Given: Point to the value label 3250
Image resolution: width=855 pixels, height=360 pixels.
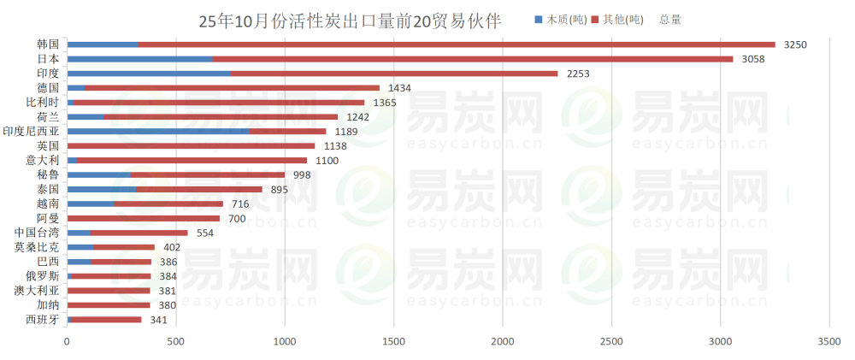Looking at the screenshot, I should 795,44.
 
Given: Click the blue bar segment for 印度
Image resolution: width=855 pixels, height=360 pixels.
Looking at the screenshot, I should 149,74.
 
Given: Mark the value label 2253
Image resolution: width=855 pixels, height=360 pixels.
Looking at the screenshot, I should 578,74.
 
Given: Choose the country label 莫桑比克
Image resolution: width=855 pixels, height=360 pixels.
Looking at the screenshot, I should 37,248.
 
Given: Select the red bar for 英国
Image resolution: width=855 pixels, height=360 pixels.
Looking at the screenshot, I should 191,146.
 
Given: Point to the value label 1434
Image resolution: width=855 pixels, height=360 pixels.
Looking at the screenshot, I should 399,88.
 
